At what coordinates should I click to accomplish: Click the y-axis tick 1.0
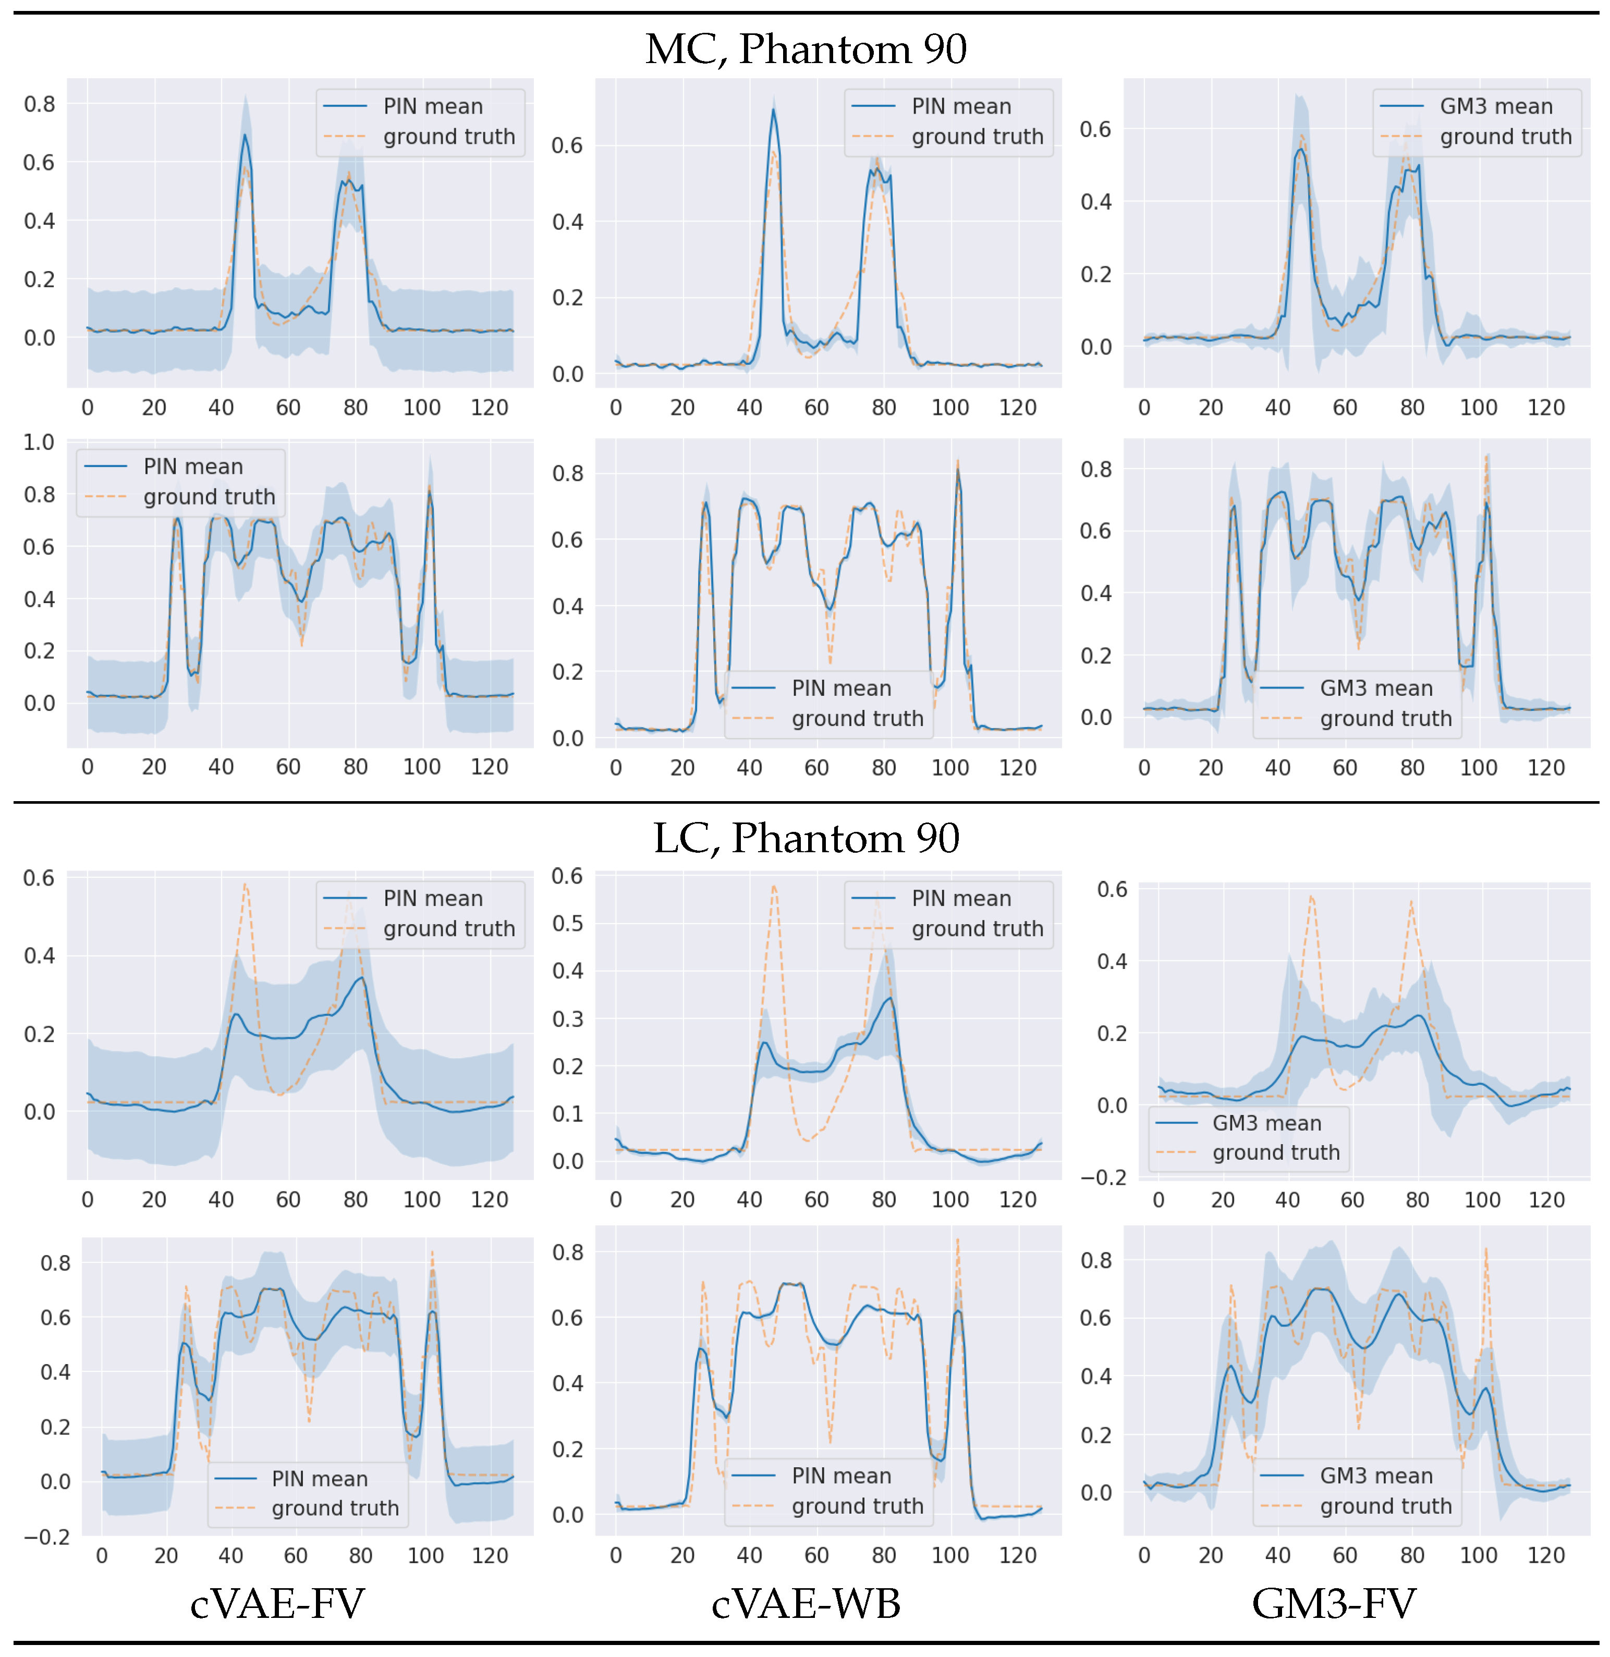(x=39, y=442)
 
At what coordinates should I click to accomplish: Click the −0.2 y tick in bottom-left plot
(x=47, y=1536)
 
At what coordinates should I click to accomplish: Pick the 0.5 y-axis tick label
(x=567, y=923)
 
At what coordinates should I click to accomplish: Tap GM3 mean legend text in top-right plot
(x=1496, y=106)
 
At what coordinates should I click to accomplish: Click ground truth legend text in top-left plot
(x=449, y=137)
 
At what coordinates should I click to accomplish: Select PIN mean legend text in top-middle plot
(x=961, y=106)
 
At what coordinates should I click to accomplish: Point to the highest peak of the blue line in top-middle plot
(x=773, y=110)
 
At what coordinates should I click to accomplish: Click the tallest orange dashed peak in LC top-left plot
(x=245, y=885)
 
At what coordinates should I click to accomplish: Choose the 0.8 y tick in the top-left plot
(x=39, y=104)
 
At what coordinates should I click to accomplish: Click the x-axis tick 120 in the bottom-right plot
(x=1546, y=1555)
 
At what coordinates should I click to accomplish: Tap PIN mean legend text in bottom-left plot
(x=320, y=1479)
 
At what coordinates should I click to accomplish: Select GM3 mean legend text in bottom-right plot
(x=1376, y=1475)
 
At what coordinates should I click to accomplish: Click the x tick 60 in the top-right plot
(x=1345, y=408)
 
